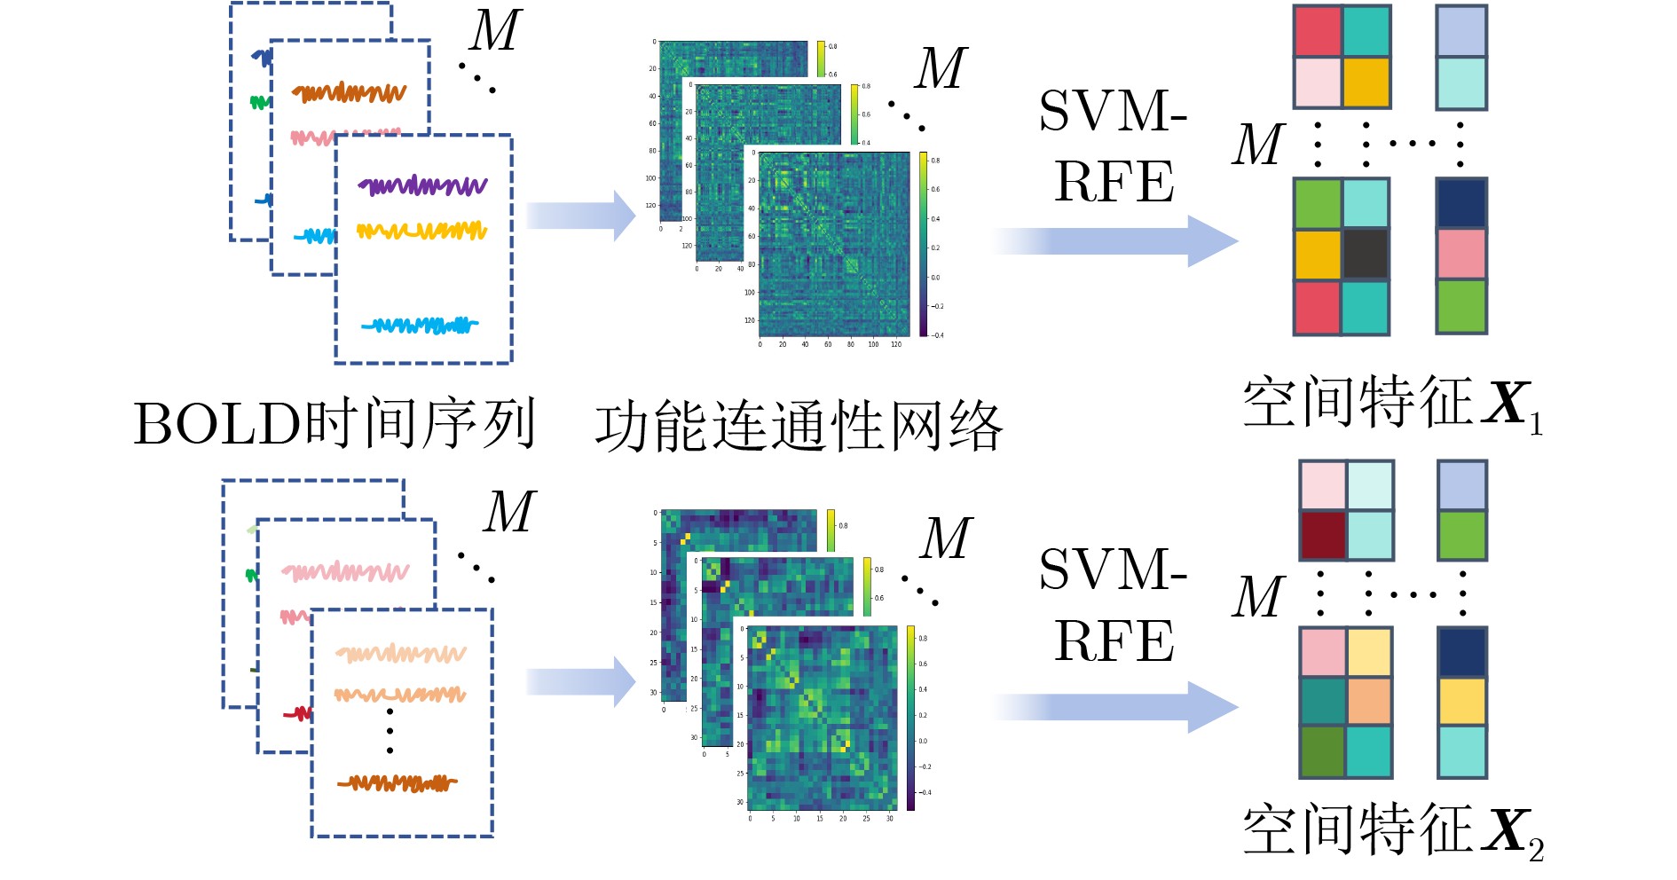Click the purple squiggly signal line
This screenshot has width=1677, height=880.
pyautogui.click(x=422, y=185)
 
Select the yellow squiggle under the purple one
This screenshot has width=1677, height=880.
pyautogui.click(x=422, y=232)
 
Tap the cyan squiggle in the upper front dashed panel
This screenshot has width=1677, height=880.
pyautogui.click(x=420, y=326)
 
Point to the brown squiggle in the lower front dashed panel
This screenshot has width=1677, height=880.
pyautogui.click(x=397, y=782)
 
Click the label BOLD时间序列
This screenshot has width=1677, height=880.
pyautogui.click(x=335, y=424)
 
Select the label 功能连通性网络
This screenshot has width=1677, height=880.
pyautogui.click(x=798, y=428)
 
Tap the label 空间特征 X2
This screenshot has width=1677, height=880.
pyautogui.click(x=1391, y=831)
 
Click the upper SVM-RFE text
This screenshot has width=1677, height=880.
pyautogui.click(x=1113, y=146)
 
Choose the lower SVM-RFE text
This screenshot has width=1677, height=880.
pyautogui.click(x=1113, y=604)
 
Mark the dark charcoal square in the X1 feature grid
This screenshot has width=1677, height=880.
pyautogui.click(x=1366, y=255)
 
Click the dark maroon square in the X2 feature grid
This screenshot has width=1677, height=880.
pyautogui.click(x=1323, y=535)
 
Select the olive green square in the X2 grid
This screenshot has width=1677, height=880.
pyautogui.click(x=1323, y=751)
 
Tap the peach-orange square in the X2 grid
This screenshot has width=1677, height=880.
pyautogui.click(x=1369, y=702)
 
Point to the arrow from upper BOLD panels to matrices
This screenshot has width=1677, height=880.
pyautogui.click(x=581, y=216)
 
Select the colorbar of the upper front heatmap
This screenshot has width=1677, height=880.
pyautogui.click(x=924, y=245)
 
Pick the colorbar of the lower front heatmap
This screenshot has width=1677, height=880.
pyautogui.click(x=910, y=718)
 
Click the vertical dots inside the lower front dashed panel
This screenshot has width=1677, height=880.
pyautogui.click(x=390, y=731)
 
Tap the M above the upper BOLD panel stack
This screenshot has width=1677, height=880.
pyautogui.click(x=494, y=32)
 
